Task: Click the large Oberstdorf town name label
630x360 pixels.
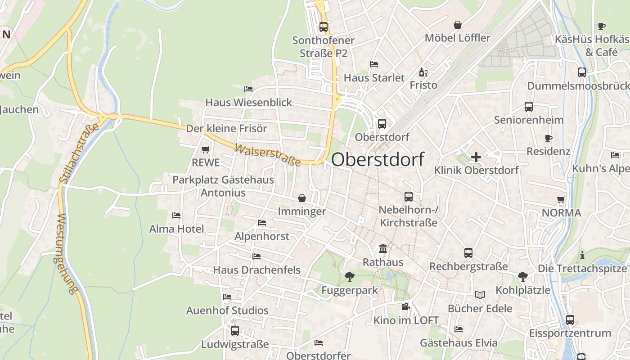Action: coord(378,159)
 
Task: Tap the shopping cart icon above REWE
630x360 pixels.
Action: coord(206,149)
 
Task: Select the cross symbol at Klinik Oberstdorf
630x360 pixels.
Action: coord(476,157)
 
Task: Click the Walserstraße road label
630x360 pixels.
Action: coord(267,155)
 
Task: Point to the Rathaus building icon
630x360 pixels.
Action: coord(383,248)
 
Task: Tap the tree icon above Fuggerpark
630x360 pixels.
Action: coord(349,276)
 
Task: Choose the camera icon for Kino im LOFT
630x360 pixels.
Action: coord(405,307)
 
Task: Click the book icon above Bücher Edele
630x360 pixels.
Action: coord(480,295)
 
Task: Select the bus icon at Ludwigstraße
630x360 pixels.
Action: coord(234,331)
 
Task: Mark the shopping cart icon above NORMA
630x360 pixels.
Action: coord(561,199)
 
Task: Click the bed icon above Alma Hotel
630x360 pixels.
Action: coord(176,216)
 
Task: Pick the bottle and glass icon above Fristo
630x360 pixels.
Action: coord(423,72)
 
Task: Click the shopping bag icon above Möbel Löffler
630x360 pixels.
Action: coord(458,25)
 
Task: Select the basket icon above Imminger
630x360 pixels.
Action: coord(301,198)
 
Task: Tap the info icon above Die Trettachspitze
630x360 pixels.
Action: coord(582,255)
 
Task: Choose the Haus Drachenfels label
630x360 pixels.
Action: coord(256,270)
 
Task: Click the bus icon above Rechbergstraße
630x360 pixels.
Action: coord(468,253)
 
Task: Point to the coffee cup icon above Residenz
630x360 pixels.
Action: coord(548,138)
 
